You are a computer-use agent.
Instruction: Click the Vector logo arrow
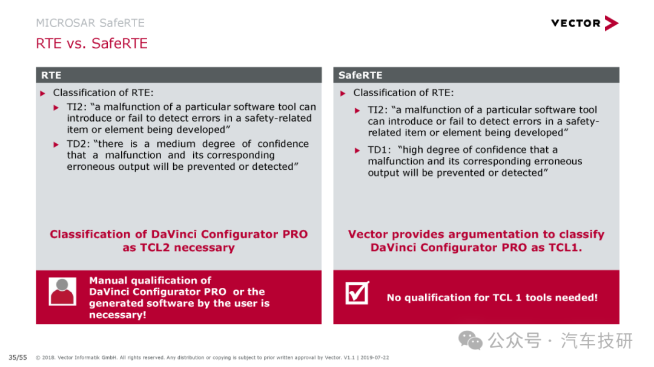coord(611,24)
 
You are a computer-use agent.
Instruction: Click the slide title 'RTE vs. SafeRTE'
coord(92,44)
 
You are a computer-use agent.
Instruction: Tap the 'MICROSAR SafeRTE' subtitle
coord(90,23)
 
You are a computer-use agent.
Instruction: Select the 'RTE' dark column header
coord(179,75)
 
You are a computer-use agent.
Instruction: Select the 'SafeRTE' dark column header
coord(476,75)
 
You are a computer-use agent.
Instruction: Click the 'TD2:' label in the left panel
coord(78,144)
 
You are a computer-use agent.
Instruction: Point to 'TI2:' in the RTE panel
coord(78,107)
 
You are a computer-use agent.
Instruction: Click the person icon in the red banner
coord(62,291)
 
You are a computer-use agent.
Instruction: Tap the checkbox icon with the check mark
coord(357,293)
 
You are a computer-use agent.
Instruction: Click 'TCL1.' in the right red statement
coord(565,247)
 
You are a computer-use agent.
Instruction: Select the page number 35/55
coord(18,357)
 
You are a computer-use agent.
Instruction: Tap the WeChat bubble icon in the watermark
coord(471,340)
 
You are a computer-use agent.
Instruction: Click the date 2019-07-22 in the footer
coord(375,357)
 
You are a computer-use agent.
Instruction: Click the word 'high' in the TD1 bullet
coord(412,150)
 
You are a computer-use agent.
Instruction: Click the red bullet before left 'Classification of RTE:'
coord(42,93)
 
